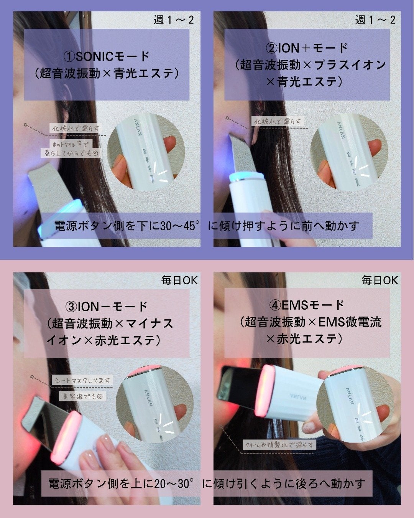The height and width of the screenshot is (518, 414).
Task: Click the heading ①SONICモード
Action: (107, 56)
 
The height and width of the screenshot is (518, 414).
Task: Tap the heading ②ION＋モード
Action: (307, 48)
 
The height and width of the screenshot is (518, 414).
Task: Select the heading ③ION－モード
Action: (107, 306)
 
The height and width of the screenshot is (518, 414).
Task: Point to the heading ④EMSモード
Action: (307, 305)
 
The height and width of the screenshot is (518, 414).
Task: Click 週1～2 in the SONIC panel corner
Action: (174, 20)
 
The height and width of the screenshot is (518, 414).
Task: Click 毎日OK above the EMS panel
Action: (380, 280)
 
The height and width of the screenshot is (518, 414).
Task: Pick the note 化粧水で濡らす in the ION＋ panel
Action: (277, 121)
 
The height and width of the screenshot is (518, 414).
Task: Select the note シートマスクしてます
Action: (82, 380)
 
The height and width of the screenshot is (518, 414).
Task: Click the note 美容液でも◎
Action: (82, 396)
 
